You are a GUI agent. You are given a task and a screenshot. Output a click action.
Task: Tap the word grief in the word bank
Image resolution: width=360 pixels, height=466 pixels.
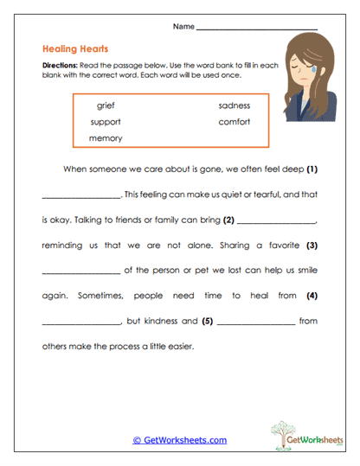(106, 105)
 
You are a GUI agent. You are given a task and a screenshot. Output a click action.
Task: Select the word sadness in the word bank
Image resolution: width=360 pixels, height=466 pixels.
(234, 105)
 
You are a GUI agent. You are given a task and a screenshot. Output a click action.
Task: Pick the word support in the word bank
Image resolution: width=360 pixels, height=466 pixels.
(106, 122)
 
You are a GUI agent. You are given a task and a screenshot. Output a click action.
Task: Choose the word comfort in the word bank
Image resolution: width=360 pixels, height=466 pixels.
(234, 122)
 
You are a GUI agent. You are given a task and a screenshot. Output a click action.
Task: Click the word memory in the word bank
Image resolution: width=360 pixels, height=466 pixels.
(106, 137)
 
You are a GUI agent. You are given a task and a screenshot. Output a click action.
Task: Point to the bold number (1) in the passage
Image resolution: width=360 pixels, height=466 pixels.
(312, 168)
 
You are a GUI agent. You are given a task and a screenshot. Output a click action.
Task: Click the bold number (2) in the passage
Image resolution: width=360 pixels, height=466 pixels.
(229, 219)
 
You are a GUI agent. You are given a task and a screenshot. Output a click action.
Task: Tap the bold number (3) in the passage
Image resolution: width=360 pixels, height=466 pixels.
(312, 245)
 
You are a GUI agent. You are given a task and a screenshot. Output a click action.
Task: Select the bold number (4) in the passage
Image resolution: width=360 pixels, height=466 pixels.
(312, 296)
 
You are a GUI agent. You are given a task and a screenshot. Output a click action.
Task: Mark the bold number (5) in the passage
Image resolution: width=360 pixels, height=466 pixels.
(207, 322)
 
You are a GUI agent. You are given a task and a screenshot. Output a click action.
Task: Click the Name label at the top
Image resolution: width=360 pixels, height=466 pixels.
(183, 27)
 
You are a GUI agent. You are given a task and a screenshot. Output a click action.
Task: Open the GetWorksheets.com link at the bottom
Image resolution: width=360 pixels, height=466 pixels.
(179, 440)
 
